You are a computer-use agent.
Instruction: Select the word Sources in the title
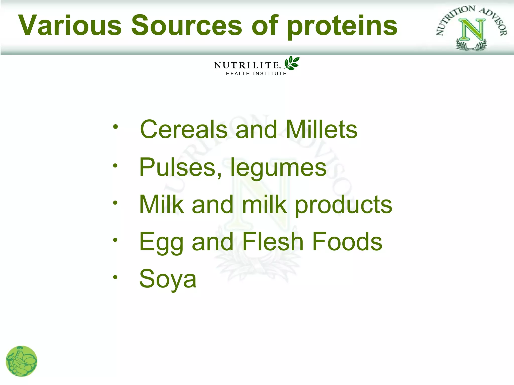187,25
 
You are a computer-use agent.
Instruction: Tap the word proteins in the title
342,27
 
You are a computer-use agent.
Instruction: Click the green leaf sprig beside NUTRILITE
292,63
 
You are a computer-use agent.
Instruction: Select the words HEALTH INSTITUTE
256,74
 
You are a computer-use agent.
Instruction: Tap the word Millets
322,130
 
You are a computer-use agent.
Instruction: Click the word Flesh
273,242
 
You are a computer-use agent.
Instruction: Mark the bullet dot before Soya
115,277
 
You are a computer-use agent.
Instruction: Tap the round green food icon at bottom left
22,361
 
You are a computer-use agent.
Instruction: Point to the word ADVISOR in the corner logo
494,21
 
